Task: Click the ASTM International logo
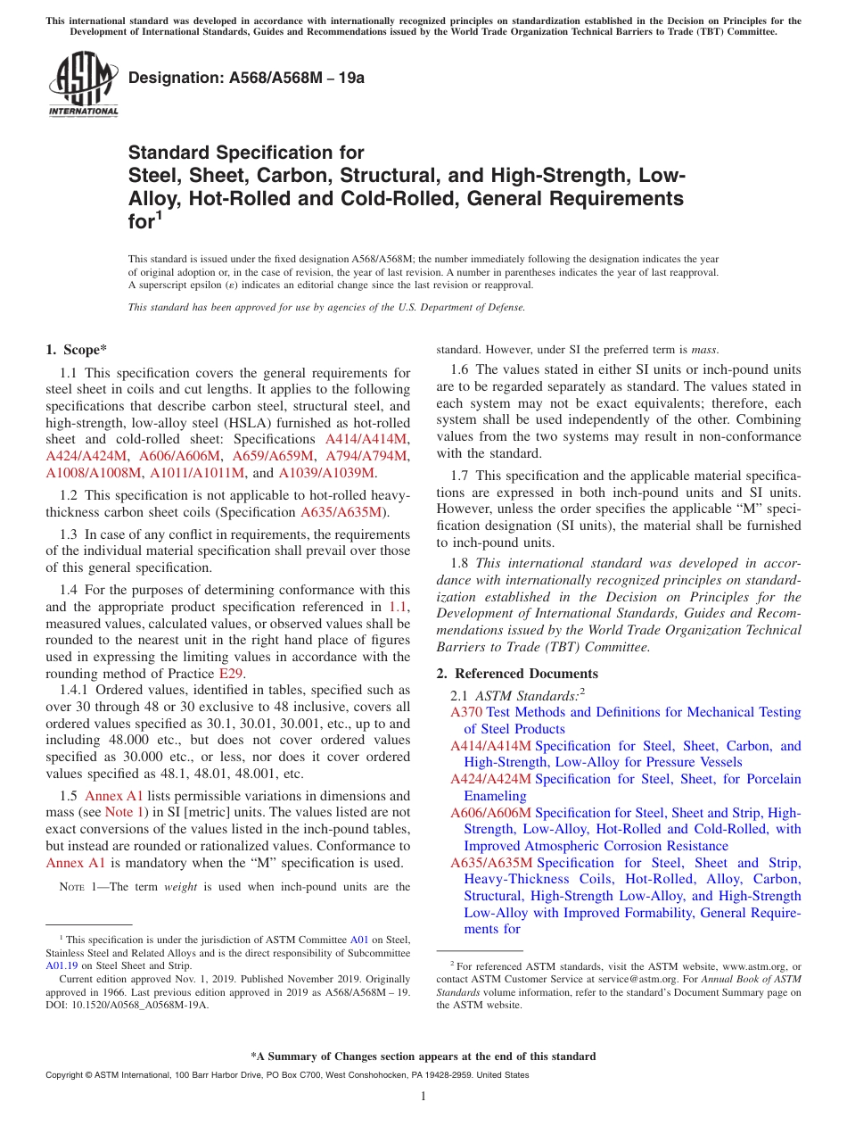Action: click(x=83, y=85)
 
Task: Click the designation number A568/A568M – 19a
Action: click(x=246, y=78)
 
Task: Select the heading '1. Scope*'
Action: click(x=77, y=350)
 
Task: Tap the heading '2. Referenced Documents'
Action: click(x=517, y=673)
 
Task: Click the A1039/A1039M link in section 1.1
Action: click(x=326, y=473)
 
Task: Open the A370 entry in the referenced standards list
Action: click(x=466, y=712)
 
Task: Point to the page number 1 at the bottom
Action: click(x=423, y=1097)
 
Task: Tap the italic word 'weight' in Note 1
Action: click(x=181, y=887)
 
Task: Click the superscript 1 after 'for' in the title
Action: click(x=160, y=214)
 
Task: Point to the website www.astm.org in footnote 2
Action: click(x=757, y=965)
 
